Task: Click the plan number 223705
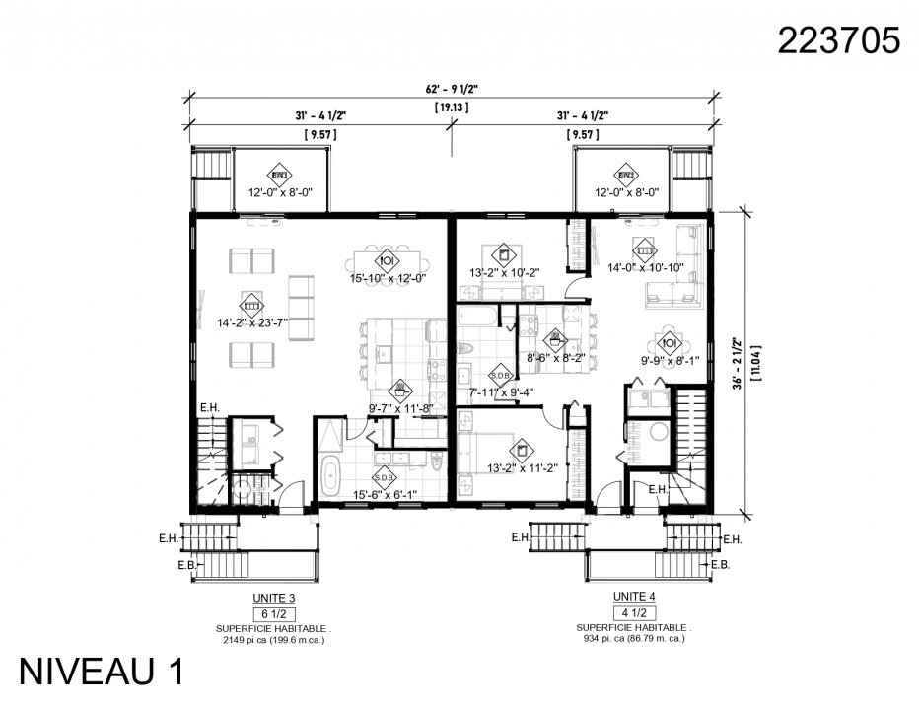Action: tap(838, 40)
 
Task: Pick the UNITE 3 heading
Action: tap(273, 598)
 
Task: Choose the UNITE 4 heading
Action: tap(633, 597)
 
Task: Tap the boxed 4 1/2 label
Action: tap(633, 611)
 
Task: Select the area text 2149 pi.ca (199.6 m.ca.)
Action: tap(273, 639)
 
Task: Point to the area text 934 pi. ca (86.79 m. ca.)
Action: tap(633, 638)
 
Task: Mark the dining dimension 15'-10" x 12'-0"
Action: tap(387, 279)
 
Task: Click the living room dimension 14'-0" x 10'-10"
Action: tap(645, 267)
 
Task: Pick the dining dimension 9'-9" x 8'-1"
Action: tap(670, 361)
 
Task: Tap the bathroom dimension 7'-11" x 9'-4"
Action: tap(502, 392)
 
